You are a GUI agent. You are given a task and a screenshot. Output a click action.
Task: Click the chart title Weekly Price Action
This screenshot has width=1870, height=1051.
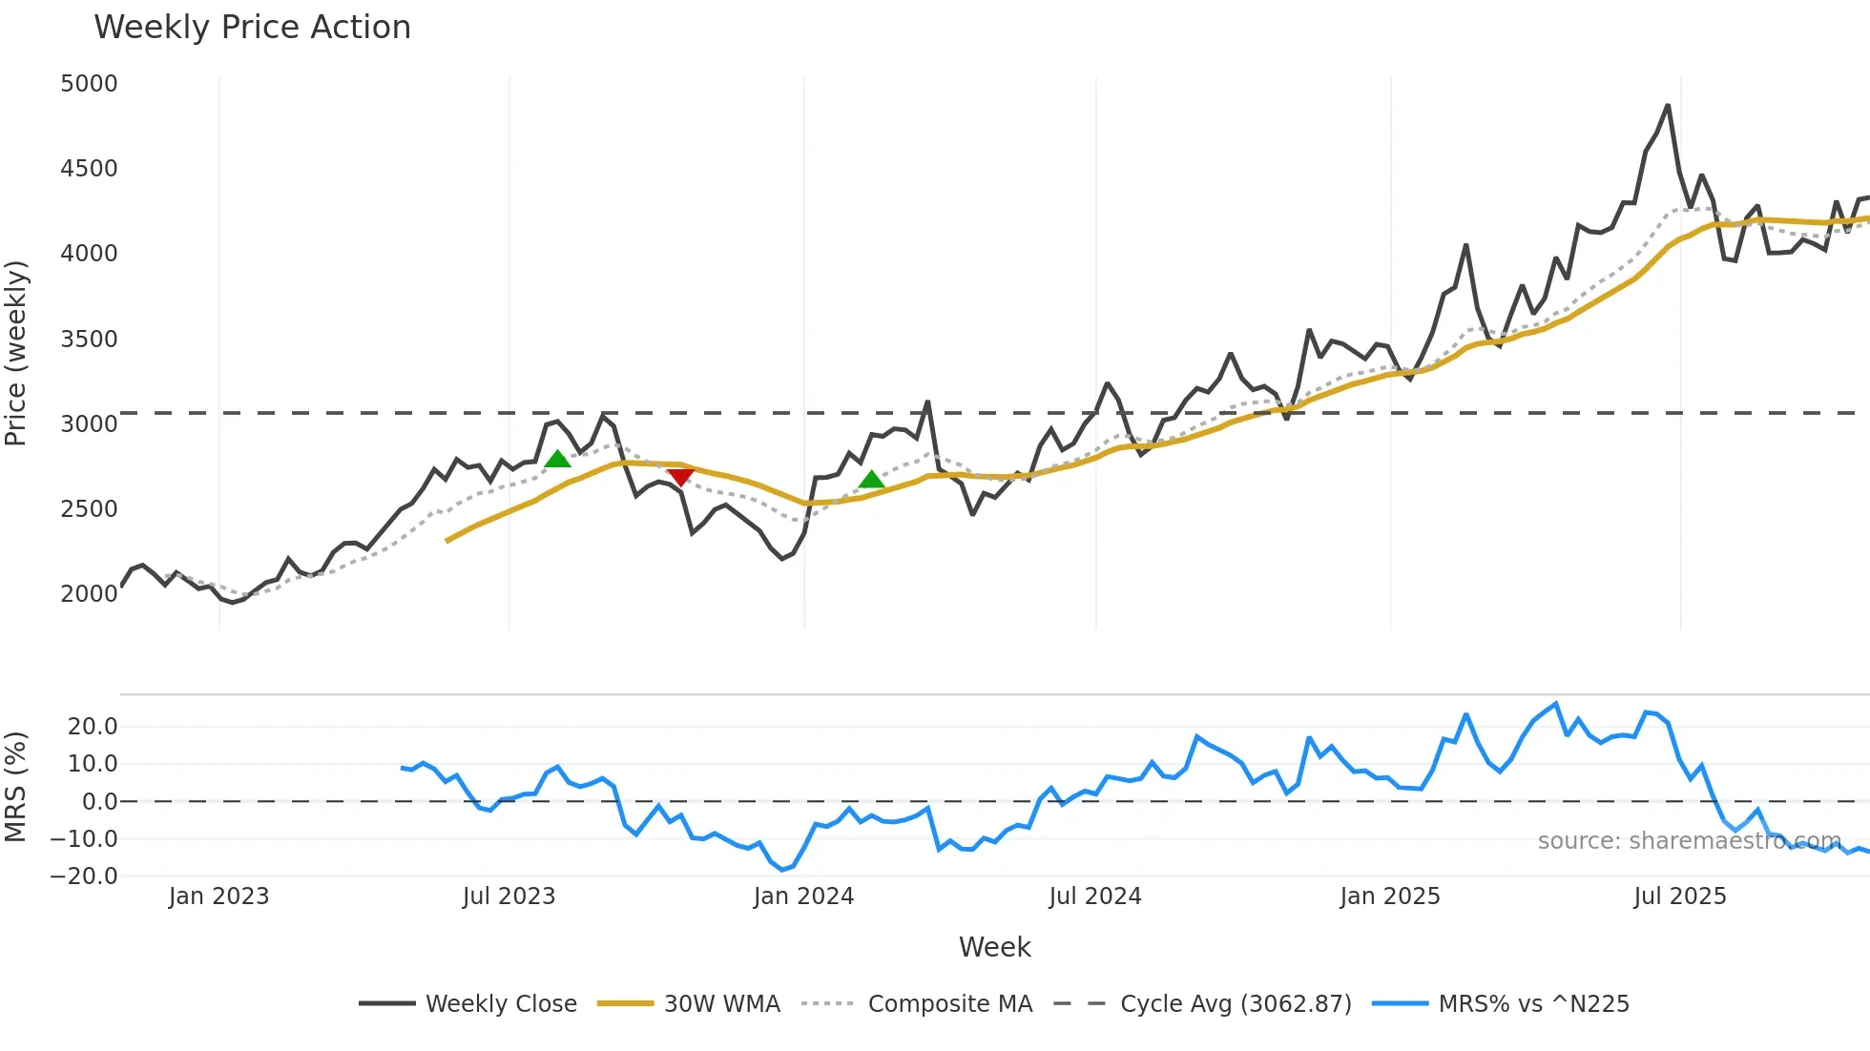[x=252, y=28]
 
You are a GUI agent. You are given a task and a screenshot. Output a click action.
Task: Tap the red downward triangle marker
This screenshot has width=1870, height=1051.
[x=680, y=477]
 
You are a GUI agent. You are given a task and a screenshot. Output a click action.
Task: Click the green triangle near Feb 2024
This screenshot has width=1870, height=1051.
[x=871, y=479]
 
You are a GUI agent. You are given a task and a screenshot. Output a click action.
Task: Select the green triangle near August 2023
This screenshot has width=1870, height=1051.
[x=557, y=459]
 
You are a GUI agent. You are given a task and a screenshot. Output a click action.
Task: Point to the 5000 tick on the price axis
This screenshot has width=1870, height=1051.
[x=89, y=84]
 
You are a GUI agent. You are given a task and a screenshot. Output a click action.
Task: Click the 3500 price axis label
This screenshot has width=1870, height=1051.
[x=89, y=340]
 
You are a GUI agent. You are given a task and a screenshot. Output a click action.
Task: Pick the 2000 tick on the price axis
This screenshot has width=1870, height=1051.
[x=89, y=594]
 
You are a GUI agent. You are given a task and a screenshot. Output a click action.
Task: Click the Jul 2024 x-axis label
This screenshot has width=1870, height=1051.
[x=1094, y=896]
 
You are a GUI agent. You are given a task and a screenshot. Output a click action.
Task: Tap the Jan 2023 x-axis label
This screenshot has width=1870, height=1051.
[x=218, y=896]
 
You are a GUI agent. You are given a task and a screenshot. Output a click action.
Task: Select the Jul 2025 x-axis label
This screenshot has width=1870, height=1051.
[x=1679, y=896]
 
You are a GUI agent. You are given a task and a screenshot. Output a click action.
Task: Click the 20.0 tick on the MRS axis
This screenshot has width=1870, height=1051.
[x=93, y=727]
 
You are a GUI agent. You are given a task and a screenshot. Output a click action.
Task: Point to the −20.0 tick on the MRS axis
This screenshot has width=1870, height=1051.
[x=85, y=876]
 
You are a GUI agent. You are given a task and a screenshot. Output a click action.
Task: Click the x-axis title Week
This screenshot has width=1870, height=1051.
[x=994, y=947]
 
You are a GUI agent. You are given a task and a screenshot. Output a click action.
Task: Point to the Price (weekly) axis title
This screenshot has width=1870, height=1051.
[x=16, y=353]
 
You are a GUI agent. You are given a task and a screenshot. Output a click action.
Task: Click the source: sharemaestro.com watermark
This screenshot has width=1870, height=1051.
[x=1689, y=841]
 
